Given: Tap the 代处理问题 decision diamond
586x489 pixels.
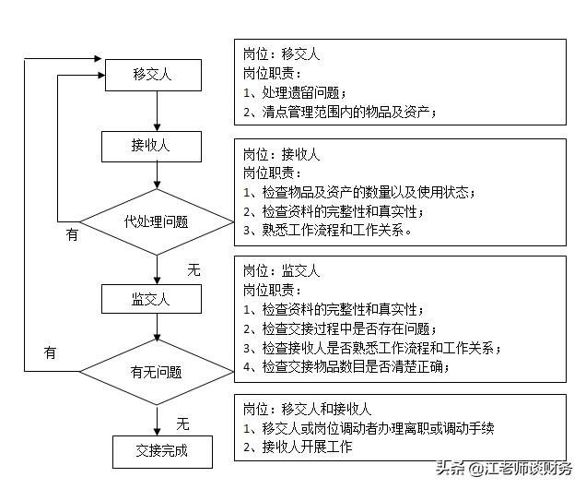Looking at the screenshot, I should tap(157, 221).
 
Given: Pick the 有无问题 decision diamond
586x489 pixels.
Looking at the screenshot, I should tap(157, 373).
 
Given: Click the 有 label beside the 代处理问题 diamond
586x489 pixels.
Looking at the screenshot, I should tap(72, 234).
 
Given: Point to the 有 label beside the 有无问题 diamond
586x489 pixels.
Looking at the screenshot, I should tap(50, 352).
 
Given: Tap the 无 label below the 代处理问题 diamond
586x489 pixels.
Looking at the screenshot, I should tap(193, 270).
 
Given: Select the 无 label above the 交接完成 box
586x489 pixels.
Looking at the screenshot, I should tap(182, 423).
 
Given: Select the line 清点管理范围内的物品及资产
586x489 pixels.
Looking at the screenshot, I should tap(340, 112).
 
